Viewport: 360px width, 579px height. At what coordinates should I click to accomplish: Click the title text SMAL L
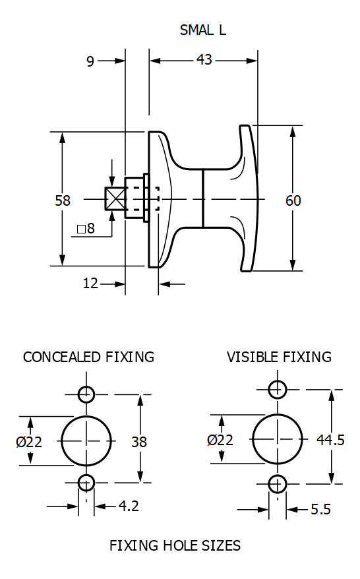(203, 30)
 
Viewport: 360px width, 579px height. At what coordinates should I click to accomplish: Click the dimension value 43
(204, 60)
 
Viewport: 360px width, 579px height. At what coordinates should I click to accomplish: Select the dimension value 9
(90, 61)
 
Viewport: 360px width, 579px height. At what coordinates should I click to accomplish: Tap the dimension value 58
(63, 200)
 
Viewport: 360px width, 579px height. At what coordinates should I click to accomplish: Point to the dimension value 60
(293, 200)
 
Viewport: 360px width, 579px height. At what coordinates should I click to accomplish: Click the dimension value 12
(90, 284)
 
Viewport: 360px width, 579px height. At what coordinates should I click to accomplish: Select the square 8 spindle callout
(86, 229)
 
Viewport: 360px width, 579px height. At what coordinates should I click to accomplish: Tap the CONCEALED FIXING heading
(88, 357)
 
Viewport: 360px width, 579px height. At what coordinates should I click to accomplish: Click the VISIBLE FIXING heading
(279, 357)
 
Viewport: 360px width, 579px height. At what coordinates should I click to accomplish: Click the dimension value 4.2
(128, 506)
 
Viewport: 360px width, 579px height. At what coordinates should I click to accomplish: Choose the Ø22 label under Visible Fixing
(220, 440)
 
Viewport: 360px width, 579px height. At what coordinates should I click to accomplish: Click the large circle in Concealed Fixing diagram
(87, 440)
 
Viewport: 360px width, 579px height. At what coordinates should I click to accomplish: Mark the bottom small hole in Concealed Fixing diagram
(86, 483)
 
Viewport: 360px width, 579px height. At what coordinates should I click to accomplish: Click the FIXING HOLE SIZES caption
(175, 545)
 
